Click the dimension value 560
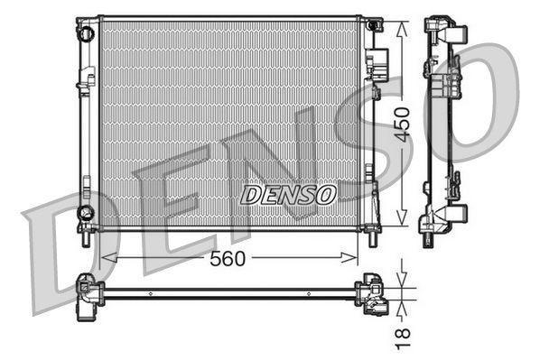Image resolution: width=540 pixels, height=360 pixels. pyautogui.click(x=228, y=259)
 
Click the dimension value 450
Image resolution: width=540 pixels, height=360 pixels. pyautogui.click(x=402, y=122)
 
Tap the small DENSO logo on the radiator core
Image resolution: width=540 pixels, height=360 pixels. pyautogui.click(x=289, y=194)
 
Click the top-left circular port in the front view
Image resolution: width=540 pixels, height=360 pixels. pyautogui.click(x=87, y=33)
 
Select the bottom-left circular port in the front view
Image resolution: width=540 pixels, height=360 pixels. pyautogui.click(x=86, y=213)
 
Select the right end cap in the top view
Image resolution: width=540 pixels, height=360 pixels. pyautogui.click(x=373, y=293)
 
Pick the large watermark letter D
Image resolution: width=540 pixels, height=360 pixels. pyautogui.click(x=68, y=257)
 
